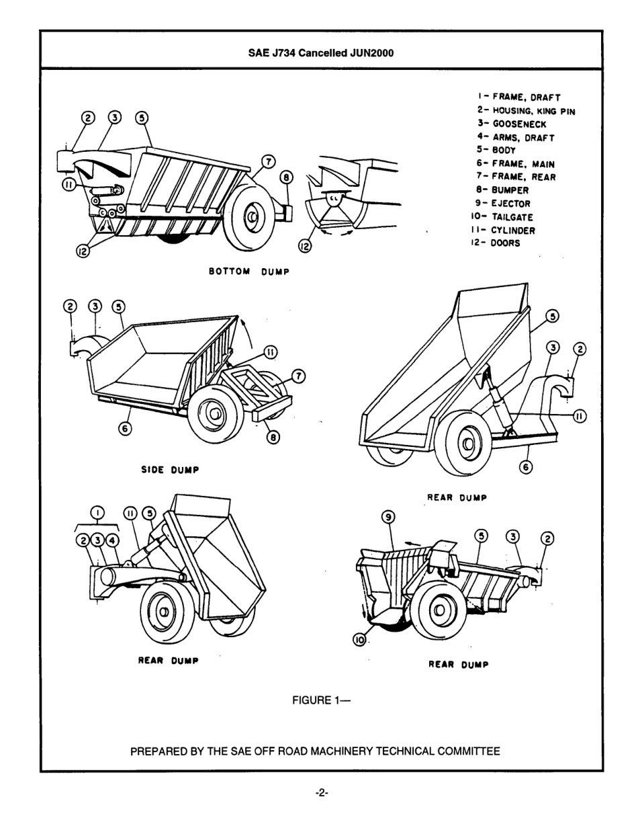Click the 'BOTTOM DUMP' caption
(x=248, y=272)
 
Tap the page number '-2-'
(x=321, y=793)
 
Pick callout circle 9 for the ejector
(x=388, y=517)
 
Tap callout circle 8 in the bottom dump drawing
(x=287, y=177)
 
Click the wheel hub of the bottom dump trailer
(x=253, y=217)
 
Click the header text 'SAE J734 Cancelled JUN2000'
(x=320, y=52)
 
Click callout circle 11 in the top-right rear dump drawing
(x=579, y=417)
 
